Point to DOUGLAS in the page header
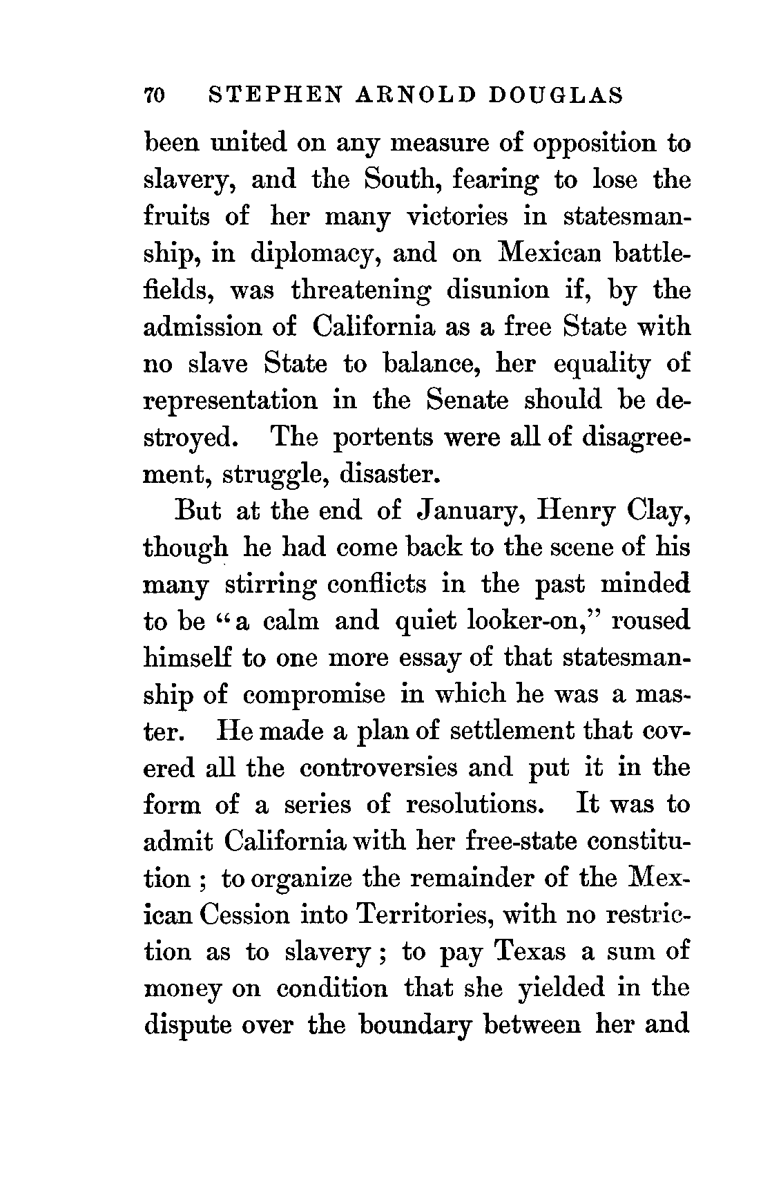(x=556, y=95)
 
